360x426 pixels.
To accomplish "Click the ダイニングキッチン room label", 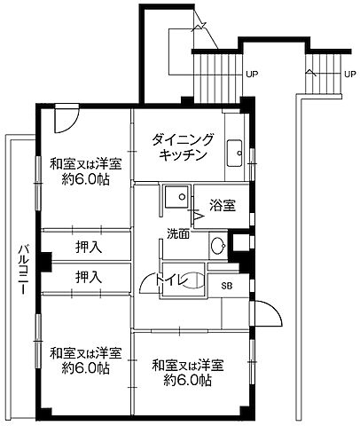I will tap(184, 146).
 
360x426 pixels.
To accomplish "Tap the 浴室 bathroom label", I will tap(223, 206).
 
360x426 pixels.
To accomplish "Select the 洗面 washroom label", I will tap(177, 234).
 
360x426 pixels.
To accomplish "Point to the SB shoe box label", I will tap(226, 286).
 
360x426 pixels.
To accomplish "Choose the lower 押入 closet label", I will tap(88, 277).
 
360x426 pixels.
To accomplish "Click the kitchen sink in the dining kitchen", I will tap(236, 153).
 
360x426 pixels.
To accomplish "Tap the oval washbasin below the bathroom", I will tap(217, 244).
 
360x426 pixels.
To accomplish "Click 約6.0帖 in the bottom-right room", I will tap(187, 381).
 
